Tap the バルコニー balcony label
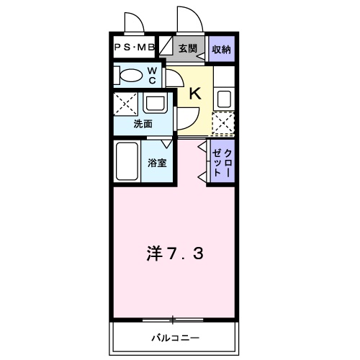[174, 337]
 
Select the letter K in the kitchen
[194, 91]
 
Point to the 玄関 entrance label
[188, 48]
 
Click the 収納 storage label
[222, 48]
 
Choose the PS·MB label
[135, 48]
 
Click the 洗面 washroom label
[143, 123]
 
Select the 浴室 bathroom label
[156, 163]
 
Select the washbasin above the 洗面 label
[159, 104]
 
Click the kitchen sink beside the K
[224, 98]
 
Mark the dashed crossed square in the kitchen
[224, 124]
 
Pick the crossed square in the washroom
[126, 105]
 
